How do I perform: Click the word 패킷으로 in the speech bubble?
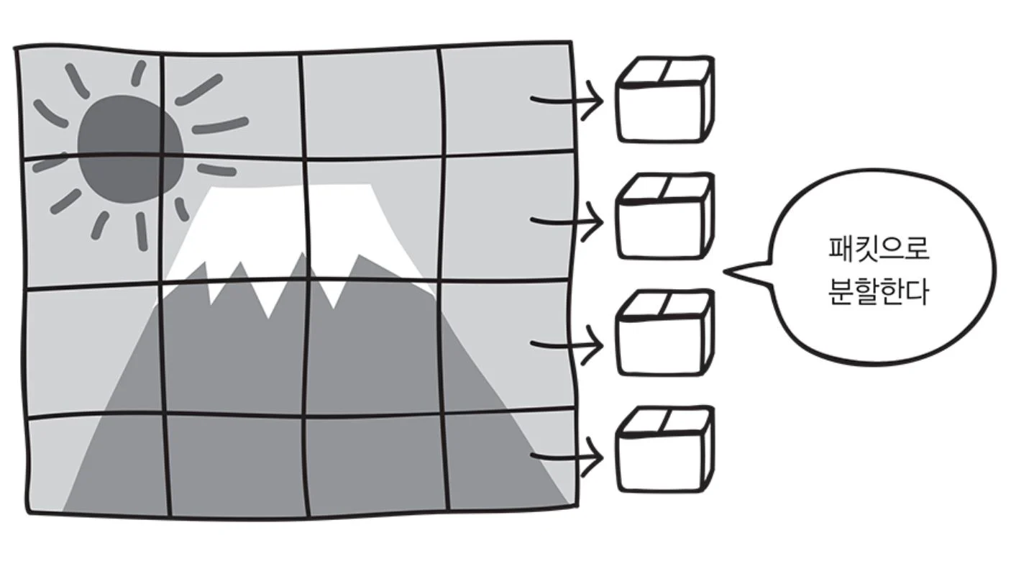coord(879,251)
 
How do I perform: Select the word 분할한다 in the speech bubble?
coord(879,293)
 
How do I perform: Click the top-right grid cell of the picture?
coord(507,101)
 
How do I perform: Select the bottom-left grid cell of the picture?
coord(97,464)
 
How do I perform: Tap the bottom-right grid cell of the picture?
coord(511,460)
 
